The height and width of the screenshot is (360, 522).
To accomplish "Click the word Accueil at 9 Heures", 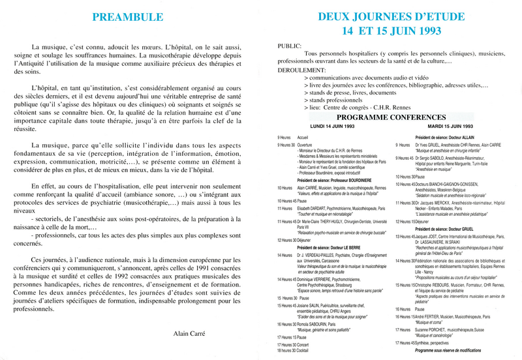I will [x=302, y=137].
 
